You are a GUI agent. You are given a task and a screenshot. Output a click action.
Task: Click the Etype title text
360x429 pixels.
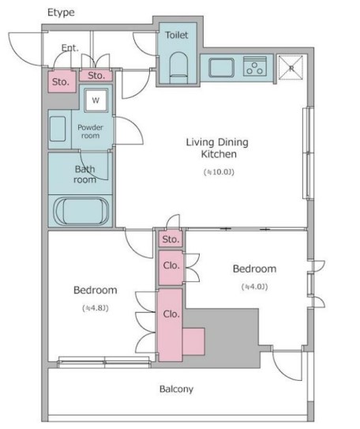tap(61, 13)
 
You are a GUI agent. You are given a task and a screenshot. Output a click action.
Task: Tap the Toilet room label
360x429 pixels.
tap(177, 35)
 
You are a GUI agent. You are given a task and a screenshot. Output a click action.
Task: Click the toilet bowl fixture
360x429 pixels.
tap(179, 68)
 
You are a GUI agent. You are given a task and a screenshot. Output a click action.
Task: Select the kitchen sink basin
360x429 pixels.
tap(221, 67)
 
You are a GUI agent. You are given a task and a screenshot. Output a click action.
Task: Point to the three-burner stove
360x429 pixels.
tap(255, 66)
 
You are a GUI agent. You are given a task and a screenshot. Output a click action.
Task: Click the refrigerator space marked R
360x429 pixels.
tap(291, 68)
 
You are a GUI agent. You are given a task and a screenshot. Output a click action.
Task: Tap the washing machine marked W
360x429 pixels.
tap(96, 100)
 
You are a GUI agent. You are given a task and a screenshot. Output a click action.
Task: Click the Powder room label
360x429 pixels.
tap(90, 131)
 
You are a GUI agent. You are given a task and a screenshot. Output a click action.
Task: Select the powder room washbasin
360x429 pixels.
tap(58, 129)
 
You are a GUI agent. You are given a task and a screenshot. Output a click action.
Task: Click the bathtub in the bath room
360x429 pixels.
tap(81, 211)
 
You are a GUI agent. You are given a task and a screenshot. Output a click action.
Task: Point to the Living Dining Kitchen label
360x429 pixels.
tap(218, 148)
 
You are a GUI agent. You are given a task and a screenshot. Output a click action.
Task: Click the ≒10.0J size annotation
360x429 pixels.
tap(219, 171)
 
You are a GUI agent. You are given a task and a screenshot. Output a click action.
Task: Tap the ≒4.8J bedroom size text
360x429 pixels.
tap(96, 308)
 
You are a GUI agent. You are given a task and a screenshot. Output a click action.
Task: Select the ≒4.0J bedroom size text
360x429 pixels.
tap(254, 287)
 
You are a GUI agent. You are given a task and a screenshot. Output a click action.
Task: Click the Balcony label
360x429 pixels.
tap(176, 389)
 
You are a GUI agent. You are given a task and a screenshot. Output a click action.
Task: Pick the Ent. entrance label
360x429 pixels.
tap(70, 48)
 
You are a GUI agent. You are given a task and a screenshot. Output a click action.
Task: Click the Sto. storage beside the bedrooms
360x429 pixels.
tap(171, 239)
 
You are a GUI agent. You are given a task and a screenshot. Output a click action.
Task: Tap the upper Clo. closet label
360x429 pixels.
tap(171, 265)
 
